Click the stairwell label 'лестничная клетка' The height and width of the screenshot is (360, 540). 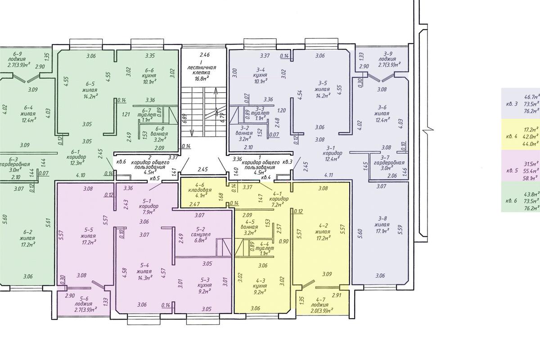click(202, 70)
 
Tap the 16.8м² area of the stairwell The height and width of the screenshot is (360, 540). click(202, 78)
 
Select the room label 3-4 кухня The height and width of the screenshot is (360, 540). click(261, 72)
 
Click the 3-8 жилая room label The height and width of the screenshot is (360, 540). click(382, 222)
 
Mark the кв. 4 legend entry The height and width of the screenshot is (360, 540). click(512, 136)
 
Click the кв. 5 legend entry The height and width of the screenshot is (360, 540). click(512, 171)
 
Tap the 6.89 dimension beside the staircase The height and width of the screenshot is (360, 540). click(185, 119)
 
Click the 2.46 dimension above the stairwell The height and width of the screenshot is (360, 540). click(204, 55)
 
